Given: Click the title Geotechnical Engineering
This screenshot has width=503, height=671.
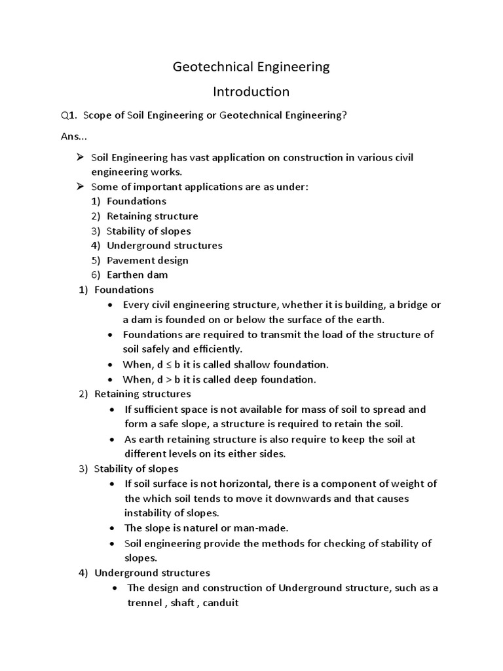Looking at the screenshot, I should click(251, 67).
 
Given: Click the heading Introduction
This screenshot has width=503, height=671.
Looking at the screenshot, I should click(251, 91).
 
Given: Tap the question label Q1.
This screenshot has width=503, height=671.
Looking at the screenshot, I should click(69, 116).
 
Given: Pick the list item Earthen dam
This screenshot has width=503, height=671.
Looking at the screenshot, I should click(137, 275).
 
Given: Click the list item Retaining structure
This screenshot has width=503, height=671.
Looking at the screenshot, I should click(152, 216).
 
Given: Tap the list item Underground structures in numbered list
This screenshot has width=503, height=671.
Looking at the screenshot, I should click(164, 245).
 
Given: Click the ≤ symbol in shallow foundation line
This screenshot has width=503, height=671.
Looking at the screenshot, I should click(169, 364).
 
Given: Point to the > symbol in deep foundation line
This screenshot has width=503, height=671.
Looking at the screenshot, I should click(169, 379).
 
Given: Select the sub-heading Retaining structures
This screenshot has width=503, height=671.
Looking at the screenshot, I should click(142, 394).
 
